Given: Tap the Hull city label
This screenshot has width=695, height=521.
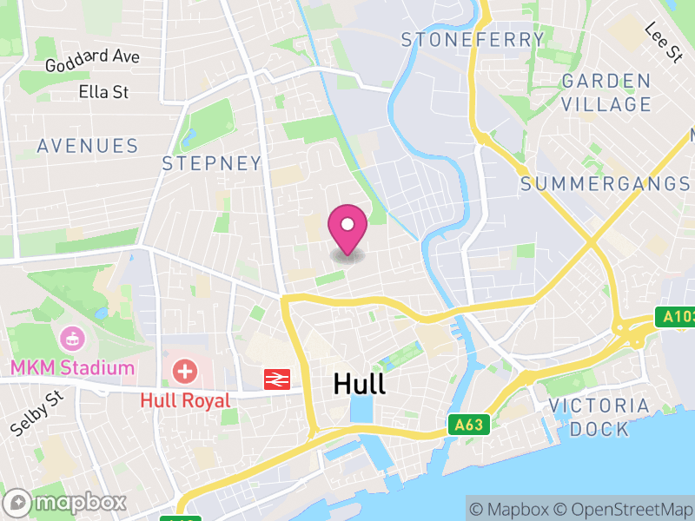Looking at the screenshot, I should (x=360, y=385).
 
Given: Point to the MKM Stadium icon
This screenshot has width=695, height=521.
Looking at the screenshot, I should (x=72, y=338).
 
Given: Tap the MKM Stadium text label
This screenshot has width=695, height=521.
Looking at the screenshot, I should (x=73, y=367).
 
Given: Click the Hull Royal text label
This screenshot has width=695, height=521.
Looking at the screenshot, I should (x=185, y=400).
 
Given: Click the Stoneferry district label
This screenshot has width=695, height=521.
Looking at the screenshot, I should (x=473, y=39).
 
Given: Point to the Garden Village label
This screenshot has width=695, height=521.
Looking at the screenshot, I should (x=606, y=92).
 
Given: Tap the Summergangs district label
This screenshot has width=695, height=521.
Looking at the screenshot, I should (x=605, y=183).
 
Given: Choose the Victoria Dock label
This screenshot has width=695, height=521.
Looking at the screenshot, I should (x=599, y=417).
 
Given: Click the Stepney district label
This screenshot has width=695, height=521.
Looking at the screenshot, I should (x=212, y=163).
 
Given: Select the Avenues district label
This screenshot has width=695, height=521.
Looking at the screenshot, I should (x=88, y=146).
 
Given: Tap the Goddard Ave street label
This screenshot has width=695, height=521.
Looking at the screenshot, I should (x=92, y=60).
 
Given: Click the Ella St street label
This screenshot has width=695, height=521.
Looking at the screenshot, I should (x=103, y=91).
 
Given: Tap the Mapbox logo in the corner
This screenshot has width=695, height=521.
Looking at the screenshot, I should (x=66, y=502).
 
